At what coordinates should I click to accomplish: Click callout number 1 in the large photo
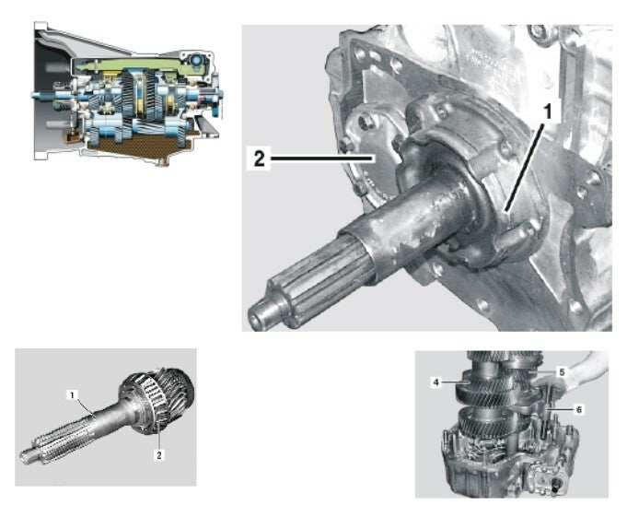click(x=548, y=111)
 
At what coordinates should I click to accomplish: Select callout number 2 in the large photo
click(x=259, y=159)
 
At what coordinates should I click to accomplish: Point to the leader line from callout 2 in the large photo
click(x=322, y=159)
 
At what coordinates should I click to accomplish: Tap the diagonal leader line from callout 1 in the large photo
click(x=525, y=167)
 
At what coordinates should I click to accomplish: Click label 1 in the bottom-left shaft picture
click(x=72, y=395)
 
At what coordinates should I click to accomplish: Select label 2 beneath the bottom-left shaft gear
click(x=159, y=455)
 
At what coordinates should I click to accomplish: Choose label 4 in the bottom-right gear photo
click(x=436, y=382)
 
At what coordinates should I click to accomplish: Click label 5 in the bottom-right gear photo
click(x=562, y=372)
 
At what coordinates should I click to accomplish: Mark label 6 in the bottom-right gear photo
click(x=579, y=409)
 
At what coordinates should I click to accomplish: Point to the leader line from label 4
click(x=455, y=383)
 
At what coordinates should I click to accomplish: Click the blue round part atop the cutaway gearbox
click(x=197, y=61)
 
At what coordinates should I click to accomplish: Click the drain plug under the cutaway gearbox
click(x=163, y=161)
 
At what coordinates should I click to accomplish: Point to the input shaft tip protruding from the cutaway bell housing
click(x=37, y=95)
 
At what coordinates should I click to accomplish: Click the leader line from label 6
click(x=560, y=409)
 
